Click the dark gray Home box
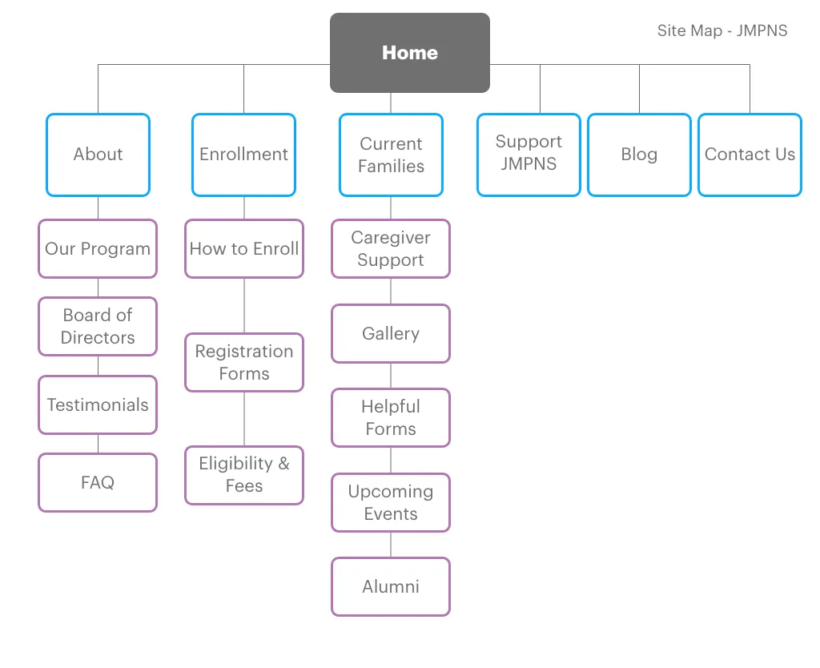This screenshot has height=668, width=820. (409, 53)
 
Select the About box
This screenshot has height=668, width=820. (98, 155)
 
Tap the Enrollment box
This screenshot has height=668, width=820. (243, 155)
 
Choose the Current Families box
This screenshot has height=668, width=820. (391, 155)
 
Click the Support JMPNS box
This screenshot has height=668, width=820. (529, 155)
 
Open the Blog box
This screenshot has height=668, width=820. (639, 155)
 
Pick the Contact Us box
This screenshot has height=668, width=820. (750, 155)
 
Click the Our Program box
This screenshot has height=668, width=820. (98, 249)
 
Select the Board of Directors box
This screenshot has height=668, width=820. (98, 327)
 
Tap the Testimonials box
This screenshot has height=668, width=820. (98, 405)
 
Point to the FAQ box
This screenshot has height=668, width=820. (98, 483)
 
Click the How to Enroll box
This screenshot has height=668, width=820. (244, 249)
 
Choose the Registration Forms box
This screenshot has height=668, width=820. (244, 363)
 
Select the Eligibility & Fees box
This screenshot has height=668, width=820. (244, 475)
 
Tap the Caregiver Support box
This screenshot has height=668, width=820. (391, 249)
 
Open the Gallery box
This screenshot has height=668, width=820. (391, 334)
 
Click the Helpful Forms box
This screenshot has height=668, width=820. (391, 418)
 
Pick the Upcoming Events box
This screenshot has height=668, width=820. (391, 503)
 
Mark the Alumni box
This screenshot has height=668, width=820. (391, 587)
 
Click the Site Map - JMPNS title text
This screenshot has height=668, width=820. (722, 31)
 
